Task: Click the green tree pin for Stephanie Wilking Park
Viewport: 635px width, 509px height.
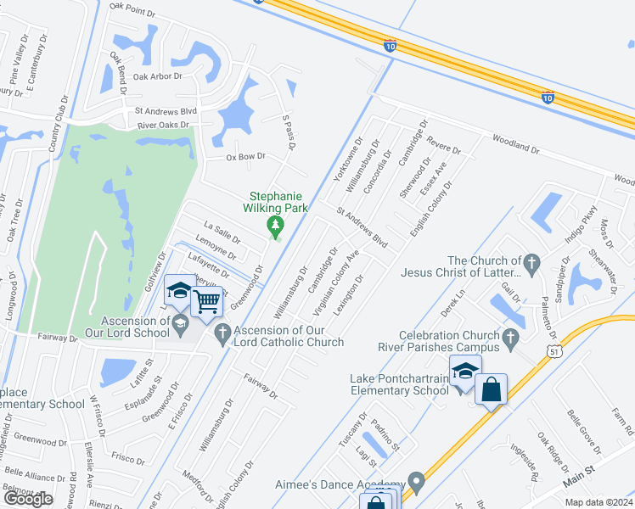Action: click(274, 225)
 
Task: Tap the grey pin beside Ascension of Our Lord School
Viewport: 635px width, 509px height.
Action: click(181, 322)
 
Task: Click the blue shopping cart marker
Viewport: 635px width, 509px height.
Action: click(207, 301)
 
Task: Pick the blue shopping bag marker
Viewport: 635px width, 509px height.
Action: click(492, 390)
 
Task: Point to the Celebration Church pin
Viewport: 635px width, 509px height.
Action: click(510, 339)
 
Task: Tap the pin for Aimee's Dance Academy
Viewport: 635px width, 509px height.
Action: click(415, 483)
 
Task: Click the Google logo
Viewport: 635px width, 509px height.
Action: click(28, 499)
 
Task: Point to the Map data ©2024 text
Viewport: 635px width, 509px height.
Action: click(598, 502)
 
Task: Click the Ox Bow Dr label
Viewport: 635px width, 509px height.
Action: click(245, 157)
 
